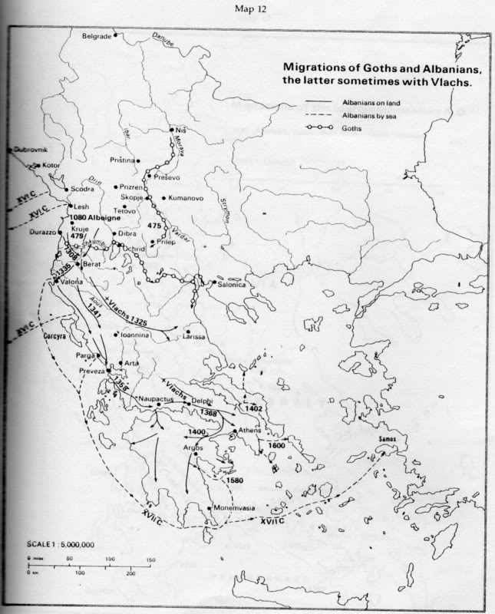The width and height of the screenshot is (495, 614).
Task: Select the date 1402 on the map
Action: coord(254,408)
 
